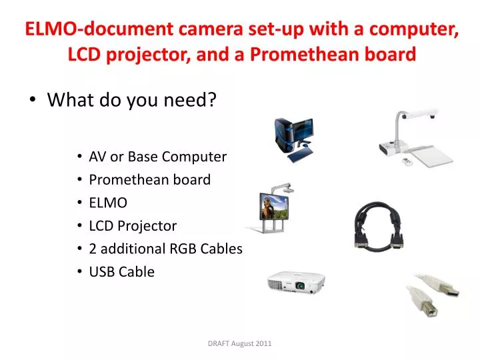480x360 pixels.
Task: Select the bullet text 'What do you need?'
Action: (x=132, y=99)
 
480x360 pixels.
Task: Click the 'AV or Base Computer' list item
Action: (x=158, y=157)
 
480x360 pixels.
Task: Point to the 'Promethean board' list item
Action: (x=150, y=179)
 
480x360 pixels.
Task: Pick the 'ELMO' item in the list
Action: (x=108, y=203)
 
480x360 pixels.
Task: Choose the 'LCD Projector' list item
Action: (x=133, y=225)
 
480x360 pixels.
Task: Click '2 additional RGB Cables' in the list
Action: (x=165, y=248)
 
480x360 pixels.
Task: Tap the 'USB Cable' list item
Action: (x=122, y=271)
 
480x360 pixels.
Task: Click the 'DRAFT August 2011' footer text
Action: (x=239, y=343)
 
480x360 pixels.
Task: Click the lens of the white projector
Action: (x=301, y=286)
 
